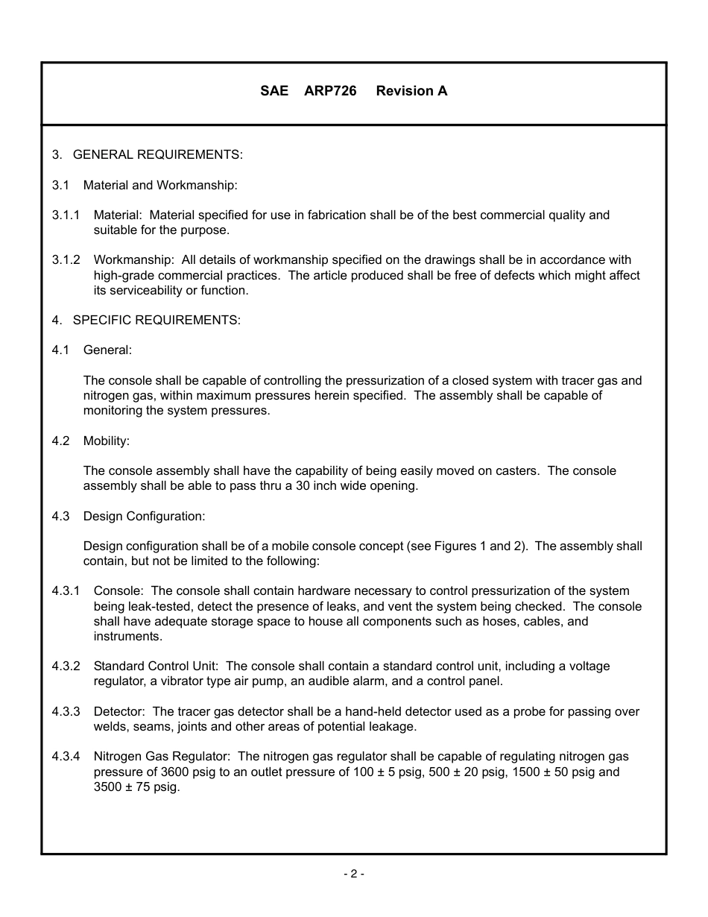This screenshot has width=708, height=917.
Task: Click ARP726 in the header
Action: tap(330, 91)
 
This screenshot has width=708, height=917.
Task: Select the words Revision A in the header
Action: tap(411, 91)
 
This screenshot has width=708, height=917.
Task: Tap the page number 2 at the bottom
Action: tap(353, 874)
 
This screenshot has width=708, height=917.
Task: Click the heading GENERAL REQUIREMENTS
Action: tap(157, 154)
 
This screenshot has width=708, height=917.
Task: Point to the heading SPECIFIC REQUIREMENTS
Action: tap(156, 320)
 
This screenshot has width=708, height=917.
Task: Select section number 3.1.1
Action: tap(66, 215)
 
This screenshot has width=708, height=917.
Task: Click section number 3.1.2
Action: tap(66, 259)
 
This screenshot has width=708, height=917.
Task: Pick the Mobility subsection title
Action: tap(106, 441)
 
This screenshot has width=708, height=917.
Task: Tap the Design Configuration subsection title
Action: tap(144, 516)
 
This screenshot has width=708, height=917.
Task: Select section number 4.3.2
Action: tap(66, 666)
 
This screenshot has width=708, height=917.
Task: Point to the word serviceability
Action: tap(148, 290)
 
